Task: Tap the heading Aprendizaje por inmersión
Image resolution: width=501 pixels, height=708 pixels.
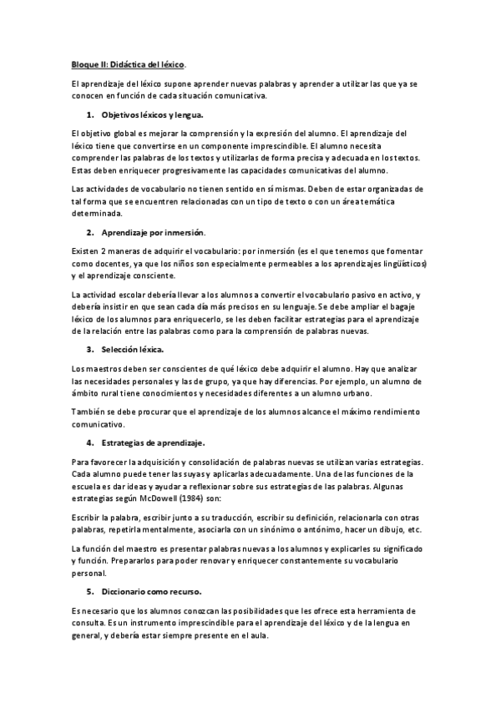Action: pos(153,231)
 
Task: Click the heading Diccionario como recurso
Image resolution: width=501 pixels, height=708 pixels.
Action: pos(151,591)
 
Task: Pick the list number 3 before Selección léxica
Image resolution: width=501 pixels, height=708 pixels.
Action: pos(90,348)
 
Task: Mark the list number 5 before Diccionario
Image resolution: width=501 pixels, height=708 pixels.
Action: pos(90,591)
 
